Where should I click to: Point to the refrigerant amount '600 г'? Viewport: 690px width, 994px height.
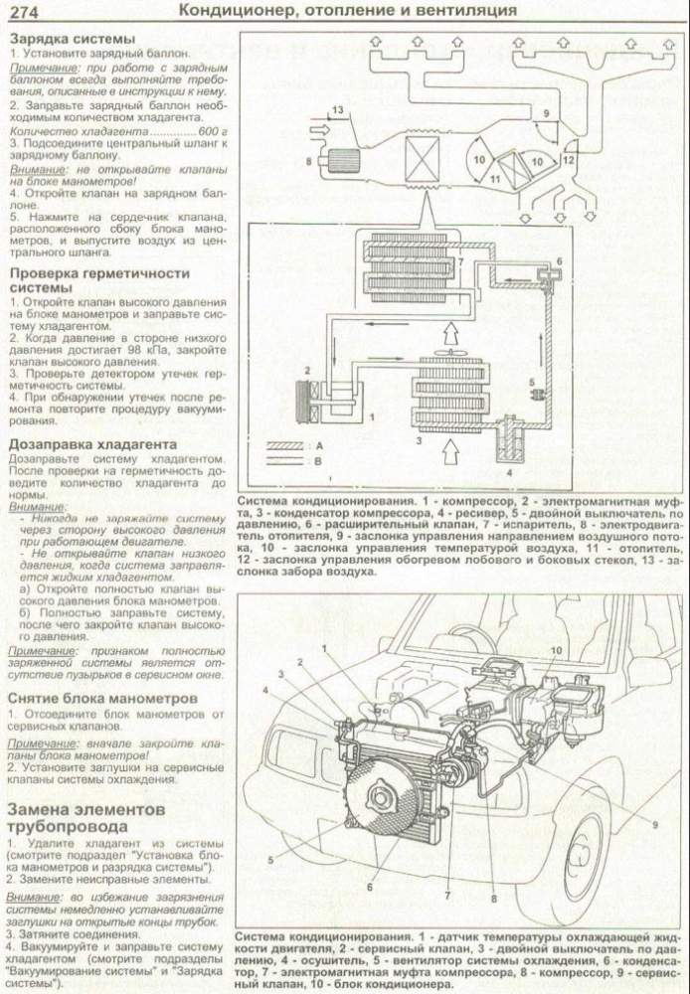point(212,132)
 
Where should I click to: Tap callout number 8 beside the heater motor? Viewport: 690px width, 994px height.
point(308,160)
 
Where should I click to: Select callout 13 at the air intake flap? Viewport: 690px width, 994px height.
point(338,109)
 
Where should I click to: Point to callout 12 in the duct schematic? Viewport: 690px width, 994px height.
point(569,158)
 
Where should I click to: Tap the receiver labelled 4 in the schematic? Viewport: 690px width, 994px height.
point(514,437)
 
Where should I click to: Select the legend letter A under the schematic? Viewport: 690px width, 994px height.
point(319,446)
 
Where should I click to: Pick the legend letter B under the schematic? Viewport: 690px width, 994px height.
point(319,462)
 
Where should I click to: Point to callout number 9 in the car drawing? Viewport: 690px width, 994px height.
point(655,824)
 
